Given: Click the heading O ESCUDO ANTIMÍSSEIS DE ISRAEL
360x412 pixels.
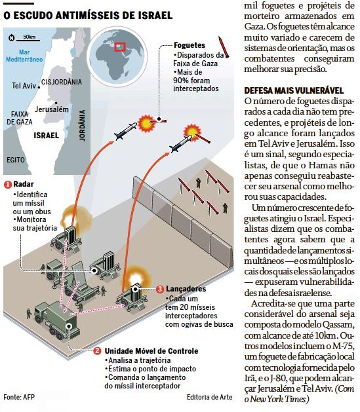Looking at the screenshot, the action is pos(88,15).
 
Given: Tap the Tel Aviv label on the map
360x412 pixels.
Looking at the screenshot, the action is pos(24,86).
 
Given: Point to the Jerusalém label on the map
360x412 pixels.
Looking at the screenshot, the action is pos(52,109).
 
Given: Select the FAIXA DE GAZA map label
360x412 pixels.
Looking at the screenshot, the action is pos(20,118).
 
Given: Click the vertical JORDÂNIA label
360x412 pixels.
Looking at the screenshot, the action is pos(83,125).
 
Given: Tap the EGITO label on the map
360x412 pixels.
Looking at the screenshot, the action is pos(16,160).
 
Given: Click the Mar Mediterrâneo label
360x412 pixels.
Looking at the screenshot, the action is pos(24,56).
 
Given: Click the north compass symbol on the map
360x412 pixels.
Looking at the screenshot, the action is pos(11,37).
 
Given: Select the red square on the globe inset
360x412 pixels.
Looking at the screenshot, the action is pos(120,47).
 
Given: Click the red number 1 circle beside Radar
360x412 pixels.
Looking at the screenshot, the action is pos(8,185).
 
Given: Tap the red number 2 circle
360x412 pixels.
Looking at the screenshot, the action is pos(97,351).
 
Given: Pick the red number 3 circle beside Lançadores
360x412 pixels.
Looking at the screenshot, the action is pos(160,290).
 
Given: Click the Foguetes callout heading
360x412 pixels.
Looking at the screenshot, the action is pos(190,45).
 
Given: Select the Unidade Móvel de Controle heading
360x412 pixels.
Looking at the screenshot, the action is pos(151,351).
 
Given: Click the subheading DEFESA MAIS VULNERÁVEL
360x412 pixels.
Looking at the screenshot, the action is pos(294,90).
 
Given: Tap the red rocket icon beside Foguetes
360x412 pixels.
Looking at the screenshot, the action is pos(224,47).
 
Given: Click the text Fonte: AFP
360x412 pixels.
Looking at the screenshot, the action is pos(19,397).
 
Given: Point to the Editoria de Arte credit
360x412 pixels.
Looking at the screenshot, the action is pos(210,397).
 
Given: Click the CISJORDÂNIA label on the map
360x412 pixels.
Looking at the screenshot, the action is pos(62,82).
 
